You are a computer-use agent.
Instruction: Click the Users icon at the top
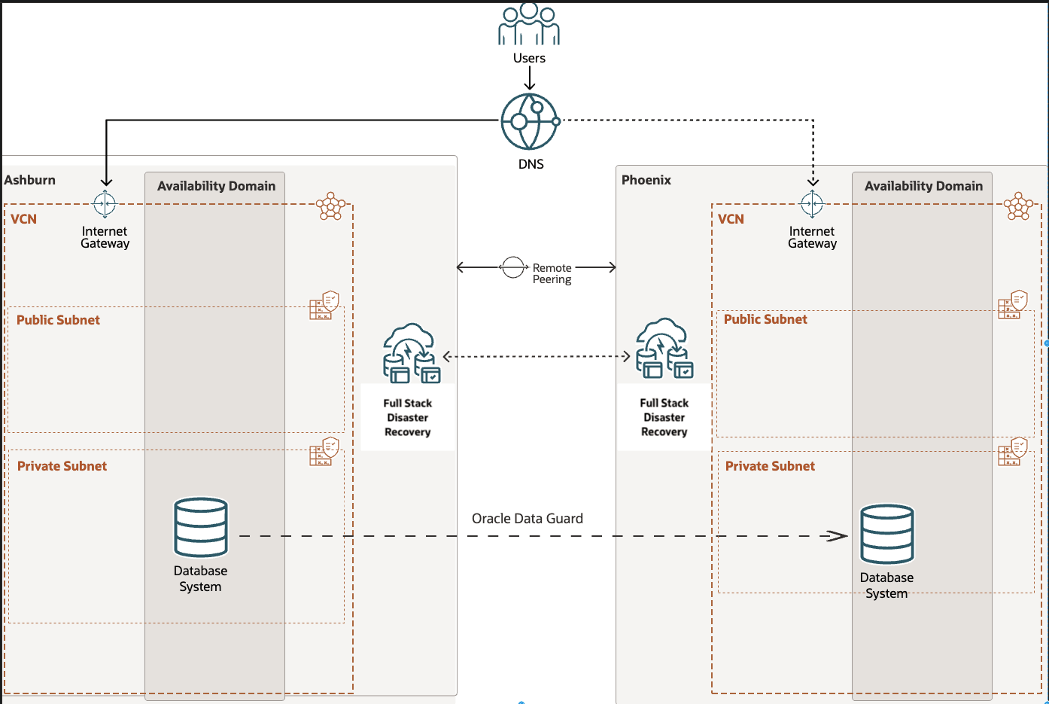click(x=529, y=24)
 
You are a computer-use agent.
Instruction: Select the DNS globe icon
click(x=530, y=121)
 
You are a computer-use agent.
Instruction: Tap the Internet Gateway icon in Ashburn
click(x=105, y=203)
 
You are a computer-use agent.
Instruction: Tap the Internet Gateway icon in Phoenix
click(x=812, y=203)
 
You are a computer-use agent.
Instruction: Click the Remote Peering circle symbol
click(x=513, y=267)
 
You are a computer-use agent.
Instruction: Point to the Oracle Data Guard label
click(x=527, y=518)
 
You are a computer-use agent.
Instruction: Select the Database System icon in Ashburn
click(x=201, y=527)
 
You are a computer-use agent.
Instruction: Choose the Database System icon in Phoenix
click(x=887, y=534)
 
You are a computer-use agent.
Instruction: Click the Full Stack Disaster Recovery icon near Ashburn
click(x=411, y=353)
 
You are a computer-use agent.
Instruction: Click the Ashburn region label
click(x=30, y=180)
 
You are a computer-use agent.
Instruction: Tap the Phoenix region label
click(x=646, y=180)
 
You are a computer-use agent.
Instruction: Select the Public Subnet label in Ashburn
click(x=58, y=320)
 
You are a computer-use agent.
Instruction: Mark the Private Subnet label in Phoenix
click(x=770, y=466)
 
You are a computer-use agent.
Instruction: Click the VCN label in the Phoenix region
click(x=731, y=219)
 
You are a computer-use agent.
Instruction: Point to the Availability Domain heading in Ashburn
click(x=216, y=186)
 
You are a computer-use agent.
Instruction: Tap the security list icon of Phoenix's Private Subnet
click(x=1013, y=452)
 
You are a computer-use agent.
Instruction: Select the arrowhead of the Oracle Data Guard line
click(x=838, y=536)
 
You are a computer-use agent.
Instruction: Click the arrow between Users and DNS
click(x=530, y=78)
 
